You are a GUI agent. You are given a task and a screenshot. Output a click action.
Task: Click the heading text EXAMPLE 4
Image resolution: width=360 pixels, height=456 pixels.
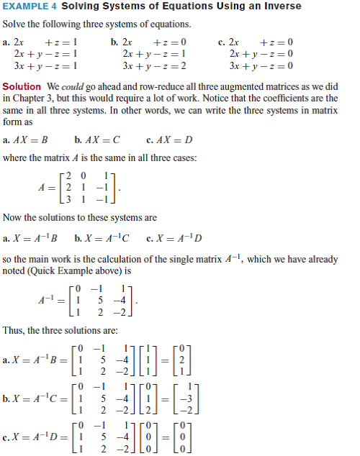30,6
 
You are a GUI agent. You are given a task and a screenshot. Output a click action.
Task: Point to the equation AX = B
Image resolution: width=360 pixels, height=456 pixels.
27,140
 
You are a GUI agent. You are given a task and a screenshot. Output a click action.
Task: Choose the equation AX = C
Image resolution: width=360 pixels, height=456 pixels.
98,140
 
